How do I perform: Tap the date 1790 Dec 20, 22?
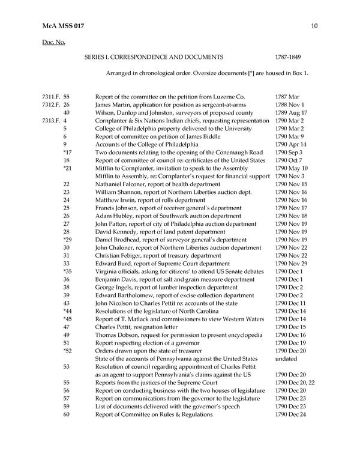293,383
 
